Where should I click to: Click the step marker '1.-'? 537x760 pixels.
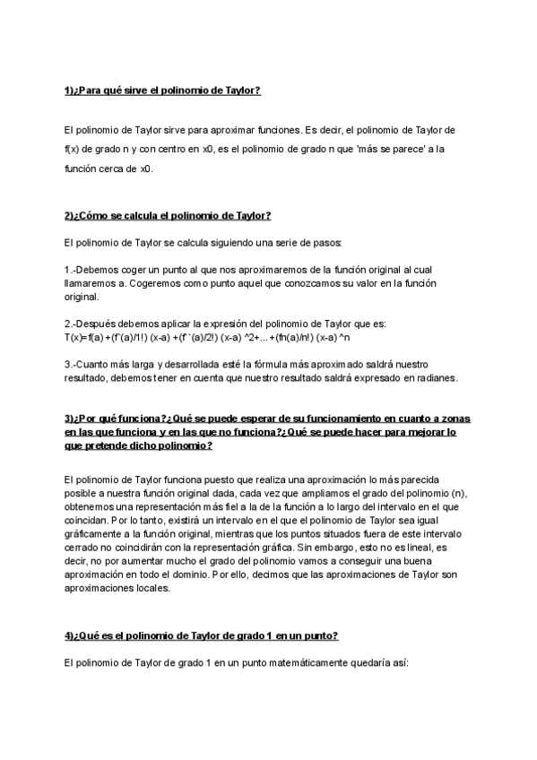click(72, 270)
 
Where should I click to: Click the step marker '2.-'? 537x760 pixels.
click(72, 324)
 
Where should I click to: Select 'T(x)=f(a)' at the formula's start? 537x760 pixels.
click(85, 337)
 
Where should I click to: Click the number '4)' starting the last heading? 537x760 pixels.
click(69, 635)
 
